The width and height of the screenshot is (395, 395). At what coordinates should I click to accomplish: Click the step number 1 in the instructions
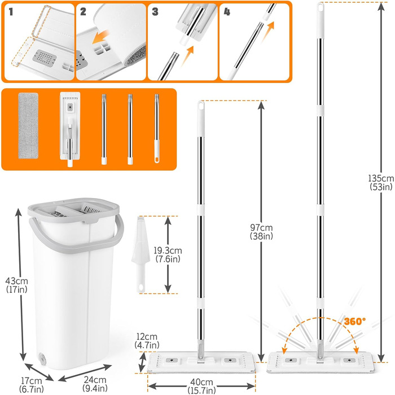[11, 12]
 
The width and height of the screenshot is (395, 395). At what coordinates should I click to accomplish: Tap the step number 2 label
[83, 12]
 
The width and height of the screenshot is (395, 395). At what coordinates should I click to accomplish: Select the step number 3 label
[155, 12]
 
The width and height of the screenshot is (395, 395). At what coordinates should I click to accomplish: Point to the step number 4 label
[227, 12]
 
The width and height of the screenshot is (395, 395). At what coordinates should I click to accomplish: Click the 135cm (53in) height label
[381, 182]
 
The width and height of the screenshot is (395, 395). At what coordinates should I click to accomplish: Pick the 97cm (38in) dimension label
[261, 232]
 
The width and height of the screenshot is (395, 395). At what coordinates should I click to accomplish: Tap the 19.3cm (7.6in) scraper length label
[168, 254]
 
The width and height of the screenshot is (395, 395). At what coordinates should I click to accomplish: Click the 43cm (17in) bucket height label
[16, 285]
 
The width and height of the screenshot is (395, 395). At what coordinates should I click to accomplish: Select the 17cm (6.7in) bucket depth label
[32, 384]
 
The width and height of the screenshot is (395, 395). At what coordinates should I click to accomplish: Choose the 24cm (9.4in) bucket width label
[95, 384]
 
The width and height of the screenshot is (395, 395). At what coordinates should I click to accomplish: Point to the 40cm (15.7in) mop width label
[201, 386]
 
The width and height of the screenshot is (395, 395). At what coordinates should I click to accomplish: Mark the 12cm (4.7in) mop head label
[147, 341]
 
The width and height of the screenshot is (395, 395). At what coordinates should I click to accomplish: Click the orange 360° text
[355, 322]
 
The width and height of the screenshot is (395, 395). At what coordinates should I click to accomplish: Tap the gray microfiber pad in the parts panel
[28, 126]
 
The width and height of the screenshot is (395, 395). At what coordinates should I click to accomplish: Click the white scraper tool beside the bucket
[141, 254]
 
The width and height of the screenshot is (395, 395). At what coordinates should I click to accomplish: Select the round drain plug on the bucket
[42, 358]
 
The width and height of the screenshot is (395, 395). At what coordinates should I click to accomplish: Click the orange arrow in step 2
[100, 37]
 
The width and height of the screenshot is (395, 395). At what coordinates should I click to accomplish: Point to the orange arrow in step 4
[267, 32]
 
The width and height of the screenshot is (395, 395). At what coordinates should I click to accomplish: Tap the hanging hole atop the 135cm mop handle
[321, 7]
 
